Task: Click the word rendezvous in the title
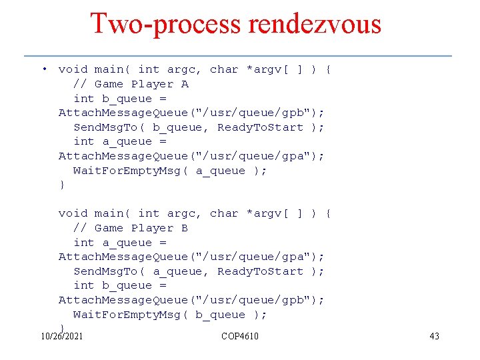(x=315, y=24)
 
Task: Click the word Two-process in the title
(x=167, y=24)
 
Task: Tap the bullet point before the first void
(x=43, y=69)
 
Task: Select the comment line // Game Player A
(x=131, y=84)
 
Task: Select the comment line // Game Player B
(x=131, y=228)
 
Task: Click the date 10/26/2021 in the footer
(x=62, y=336)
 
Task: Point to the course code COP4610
(x=240, y=336)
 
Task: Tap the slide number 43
(x=434, y=336)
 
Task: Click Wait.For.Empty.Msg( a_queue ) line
(x=170, y=171)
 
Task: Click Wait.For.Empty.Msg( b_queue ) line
(x=170, y=315)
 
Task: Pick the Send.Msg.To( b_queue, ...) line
(x=199, y=127)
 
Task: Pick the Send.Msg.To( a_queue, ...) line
(x=199, y=271)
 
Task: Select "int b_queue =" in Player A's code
(x=120, y=99)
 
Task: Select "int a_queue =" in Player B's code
(x=120, y=243)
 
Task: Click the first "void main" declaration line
(x=195, y=69)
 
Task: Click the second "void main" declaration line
(x=195, y=213)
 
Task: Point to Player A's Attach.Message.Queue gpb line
(x=191, y=113)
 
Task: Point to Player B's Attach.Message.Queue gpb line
(x=191, y=300)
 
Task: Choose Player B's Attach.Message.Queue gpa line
(x=191, y=257)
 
